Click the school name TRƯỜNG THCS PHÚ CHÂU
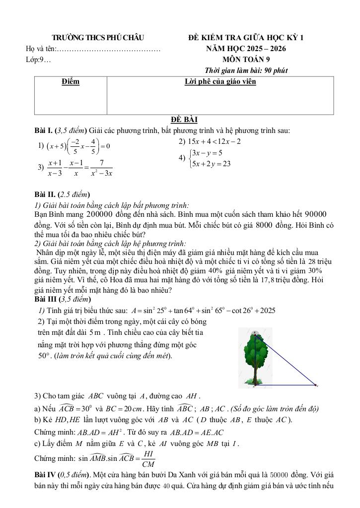click(97, 38)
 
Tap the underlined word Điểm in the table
click(71, 81)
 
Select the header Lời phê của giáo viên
click(220, 81)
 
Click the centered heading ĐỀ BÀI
click(184, 120)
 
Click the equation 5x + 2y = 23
click(212, 163)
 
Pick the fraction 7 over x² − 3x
click(101, 168)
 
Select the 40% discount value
click(215, 270)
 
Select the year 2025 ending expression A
click(265, 311)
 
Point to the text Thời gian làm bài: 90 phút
click(246, 70)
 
